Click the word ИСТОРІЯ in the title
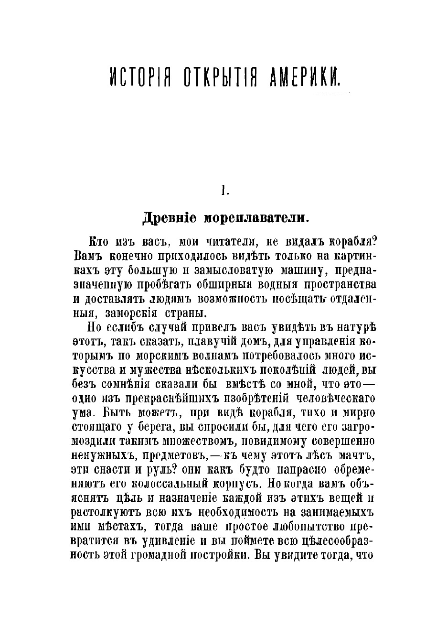point(138,76)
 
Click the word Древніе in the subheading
point(169,218)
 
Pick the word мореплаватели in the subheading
point(257,218)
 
